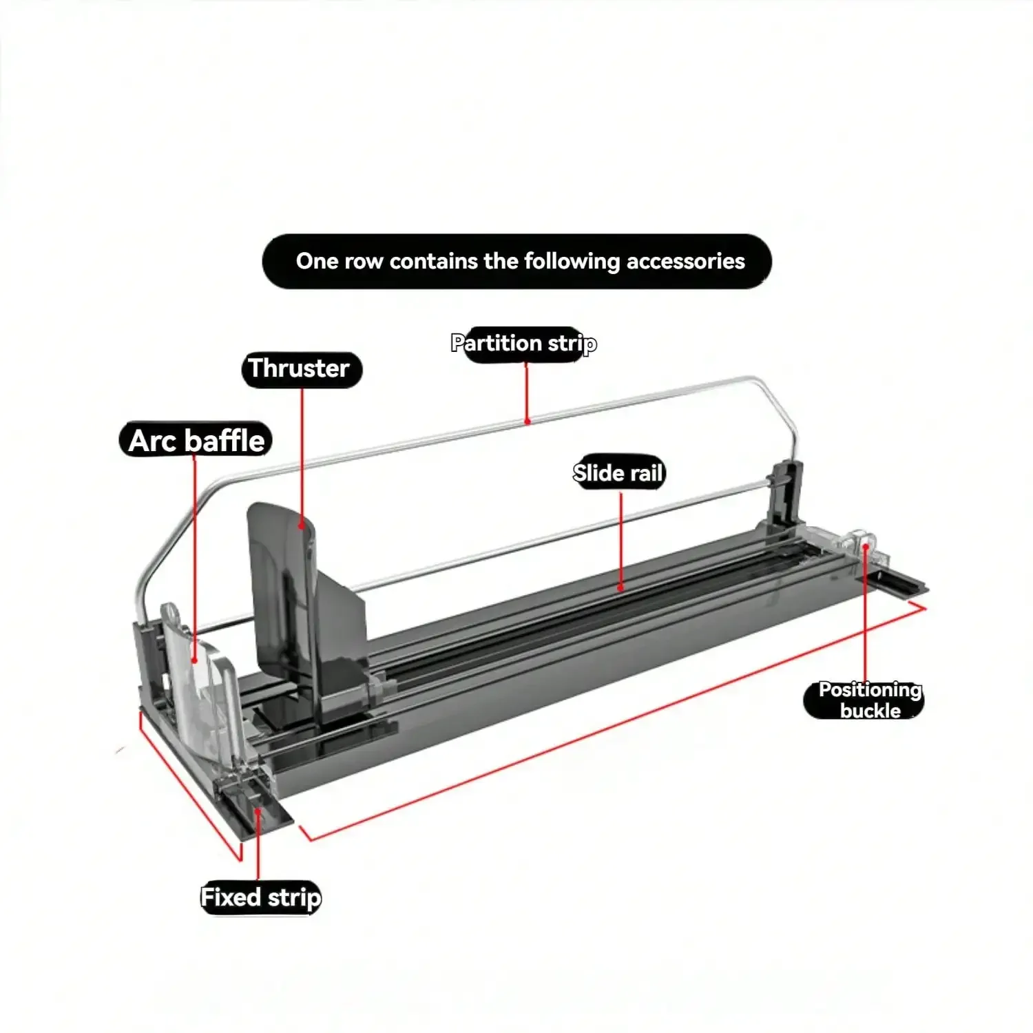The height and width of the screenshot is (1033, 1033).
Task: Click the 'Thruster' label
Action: point(301,369)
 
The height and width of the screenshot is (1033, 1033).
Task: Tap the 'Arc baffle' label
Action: point(196,441)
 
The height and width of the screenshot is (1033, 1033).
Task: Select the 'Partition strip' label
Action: point(523,344)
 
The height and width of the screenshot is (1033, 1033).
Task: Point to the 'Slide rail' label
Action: point(618,473)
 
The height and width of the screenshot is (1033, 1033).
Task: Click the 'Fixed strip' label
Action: point(260,898)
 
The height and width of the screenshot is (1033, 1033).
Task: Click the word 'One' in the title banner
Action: point(317,262)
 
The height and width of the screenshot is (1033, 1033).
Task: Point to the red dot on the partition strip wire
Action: point(527,421)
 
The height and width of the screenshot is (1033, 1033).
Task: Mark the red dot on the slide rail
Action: point(620,588)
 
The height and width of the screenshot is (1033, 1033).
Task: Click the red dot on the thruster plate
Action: point(302,526)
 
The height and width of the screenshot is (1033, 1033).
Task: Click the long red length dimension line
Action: point(620,723)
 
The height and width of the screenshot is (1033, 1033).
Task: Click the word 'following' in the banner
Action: point(572,262)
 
